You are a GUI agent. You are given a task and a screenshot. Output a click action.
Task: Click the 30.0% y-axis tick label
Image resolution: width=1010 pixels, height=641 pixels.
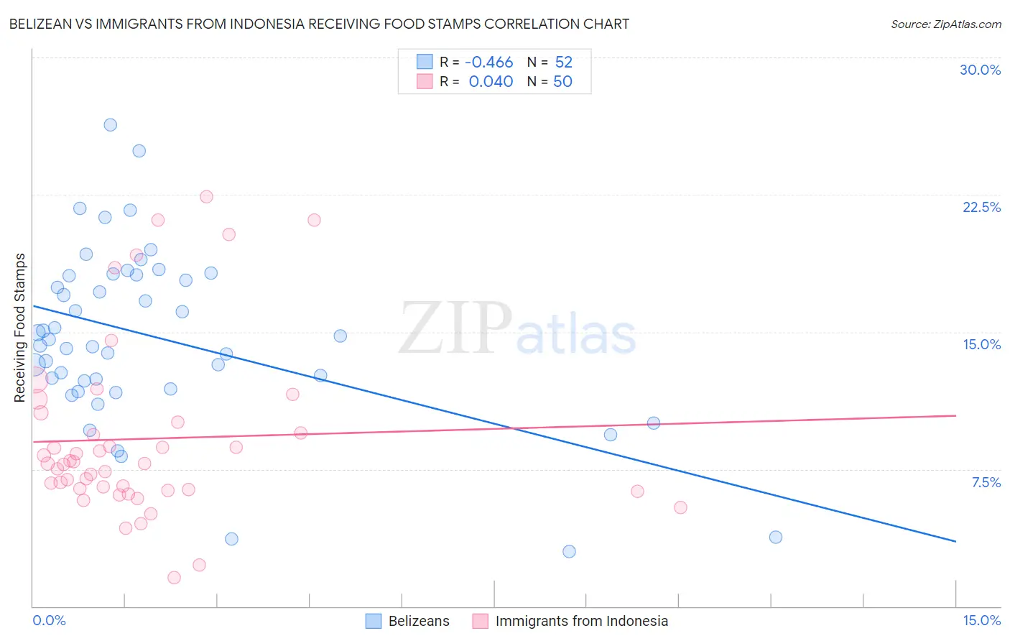click(980, 70)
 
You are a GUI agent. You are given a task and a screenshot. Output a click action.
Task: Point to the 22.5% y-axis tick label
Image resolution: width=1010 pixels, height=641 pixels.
click(981, 207)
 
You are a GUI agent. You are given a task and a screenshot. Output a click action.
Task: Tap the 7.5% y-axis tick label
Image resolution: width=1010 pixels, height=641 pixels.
click(986, 482)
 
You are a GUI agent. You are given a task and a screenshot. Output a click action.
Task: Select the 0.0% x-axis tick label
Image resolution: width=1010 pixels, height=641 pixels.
click(49, 620)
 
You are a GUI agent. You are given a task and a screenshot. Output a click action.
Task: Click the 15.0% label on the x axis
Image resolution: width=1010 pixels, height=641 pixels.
click(981, 620)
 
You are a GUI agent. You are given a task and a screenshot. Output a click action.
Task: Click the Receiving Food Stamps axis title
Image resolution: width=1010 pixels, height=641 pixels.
click(20, 328)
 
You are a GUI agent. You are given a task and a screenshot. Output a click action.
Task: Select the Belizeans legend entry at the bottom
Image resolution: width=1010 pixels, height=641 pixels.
click(407, 621)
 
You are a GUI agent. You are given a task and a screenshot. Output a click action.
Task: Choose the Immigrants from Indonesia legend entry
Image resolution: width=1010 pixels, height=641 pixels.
click(570, 621)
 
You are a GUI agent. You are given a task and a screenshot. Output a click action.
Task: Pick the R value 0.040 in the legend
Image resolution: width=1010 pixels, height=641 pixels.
click(491, 82)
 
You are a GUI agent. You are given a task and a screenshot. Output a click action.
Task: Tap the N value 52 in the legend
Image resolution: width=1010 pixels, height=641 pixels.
click(563, 63)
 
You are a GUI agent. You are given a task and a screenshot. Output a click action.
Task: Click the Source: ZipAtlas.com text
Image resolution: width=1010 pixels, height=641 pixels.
click(945, 24)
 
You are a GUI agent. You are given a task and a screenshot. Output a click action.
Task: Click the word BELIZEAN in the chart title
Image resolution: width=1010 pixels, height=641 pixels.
click(42, 24)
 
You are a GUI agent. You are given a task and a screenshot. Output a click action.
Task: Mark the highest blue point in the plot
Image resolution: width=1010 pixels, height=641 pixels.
click(111, 125)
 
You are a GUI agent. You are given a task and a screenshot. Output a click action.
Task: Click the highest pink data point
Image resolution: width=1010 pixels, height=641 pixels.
click(206, 197)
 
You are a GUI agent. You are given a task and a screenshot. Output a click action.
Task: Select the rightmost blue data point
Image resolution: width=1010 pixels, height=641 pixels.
click(775, 537)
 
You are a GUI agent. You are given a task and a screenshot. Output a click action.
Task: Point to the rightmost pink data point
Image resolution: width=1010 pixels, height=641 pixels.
click(680, 507)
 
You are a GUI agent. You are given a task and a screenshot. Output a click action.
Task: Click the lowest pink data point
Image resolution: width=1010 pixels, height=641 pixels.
click(174, 578)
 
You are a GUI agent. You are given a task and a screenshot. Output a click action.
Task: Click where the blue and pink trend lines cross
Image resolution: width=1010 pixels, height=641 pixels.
click(513, 428)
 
